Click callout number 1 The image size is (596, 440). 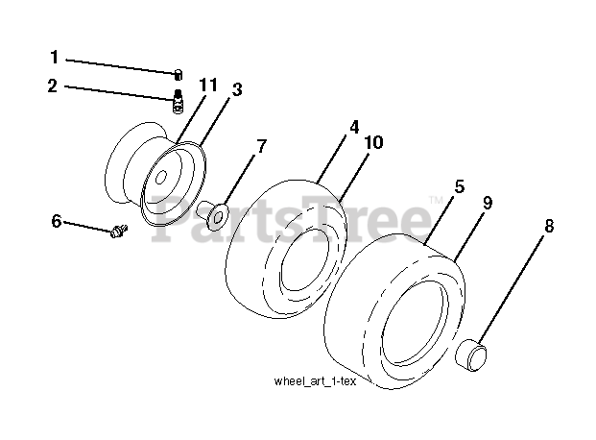pos(55,57)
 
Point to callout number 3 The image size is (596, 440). pos(236,90)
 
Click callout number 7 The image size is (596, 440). pos(259,146)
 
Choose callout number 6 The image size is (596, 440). pos(57,222)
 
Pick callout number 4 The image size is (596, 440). pos(354,126)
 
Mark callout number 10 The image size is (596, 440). pos(374,142)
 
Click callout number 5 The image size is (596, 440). pos(460,187)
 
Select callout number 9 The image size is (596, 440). pos(489,203)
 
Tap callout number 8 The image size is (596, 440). pos(548,227)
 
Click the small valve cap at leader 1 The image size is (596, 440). pos(179,71)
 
